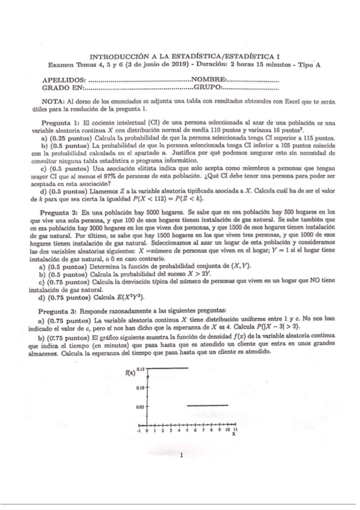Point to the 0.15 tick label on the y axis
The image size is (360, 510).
point(141,368)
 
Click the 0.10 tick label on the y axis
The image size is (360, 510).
point(141,387)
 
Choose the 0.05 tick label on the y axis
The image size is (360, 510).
point(141,407)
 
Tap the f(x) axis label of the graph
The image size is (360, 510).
point(129,372)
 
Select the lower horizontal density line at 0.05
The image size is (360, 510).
point(210,407)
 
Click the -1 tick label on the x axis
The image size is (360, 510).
point(139,431)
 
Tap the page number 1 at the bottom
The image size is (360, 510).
point(181,455)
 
